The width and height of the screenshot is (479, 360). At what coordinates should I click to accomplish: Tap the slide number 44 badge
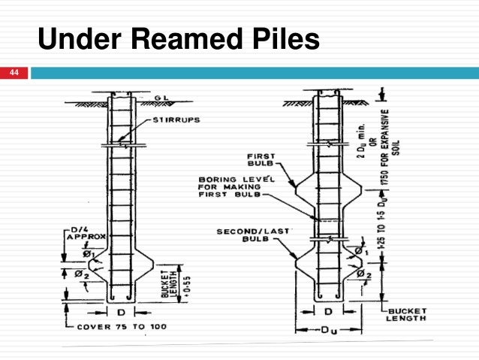pyautogui.click(x=14, y=73)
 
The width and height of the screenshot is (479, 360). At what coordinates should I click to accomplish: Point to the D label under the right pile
pyautogui.click(x=328, y=310)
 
